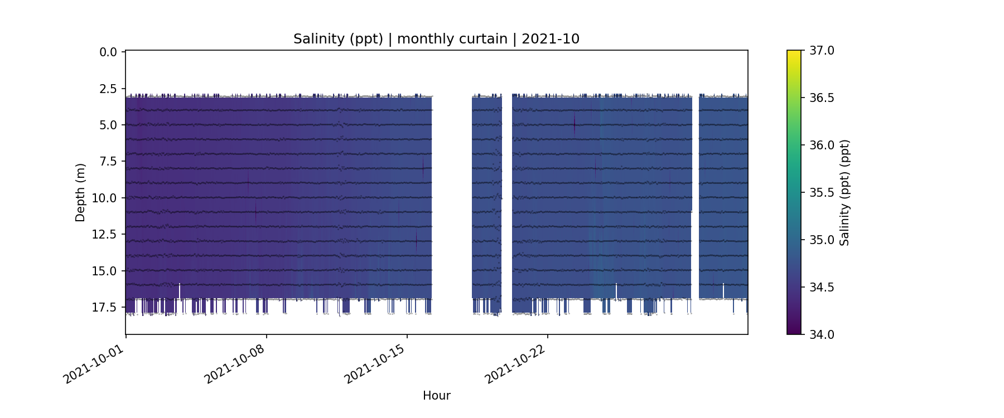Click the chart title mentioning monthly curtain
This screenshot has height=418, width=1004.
pos(436,39)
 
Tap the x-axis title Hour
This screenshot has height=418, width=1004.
pos(436,396)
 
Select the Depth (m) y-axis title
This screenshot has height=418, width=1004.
pos(80,192)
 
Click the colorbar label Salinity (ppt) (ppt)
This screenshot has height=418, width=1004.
pos(844,192)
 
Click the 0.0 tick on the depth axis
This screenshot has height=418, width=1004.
pos(108,52)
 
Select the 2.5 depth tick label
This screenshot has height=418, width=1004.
pos(108,89)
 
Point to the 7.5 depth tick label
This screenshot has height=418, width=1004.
pos(108,162)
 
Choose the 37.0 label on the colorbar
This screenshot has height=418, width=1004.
pos(822,51)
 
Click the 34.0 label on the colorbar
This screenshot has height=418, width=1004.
pos(822,334)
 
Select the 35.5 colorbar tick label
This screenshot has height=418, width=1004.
pos(822,193)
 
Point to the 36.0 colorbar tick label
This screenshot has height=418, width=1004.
pos(822,145)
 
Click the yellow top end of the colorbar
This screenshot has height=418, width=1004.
pos(794,53)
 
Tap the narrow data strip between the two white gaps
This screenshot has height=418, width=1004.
pos(486,195)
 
